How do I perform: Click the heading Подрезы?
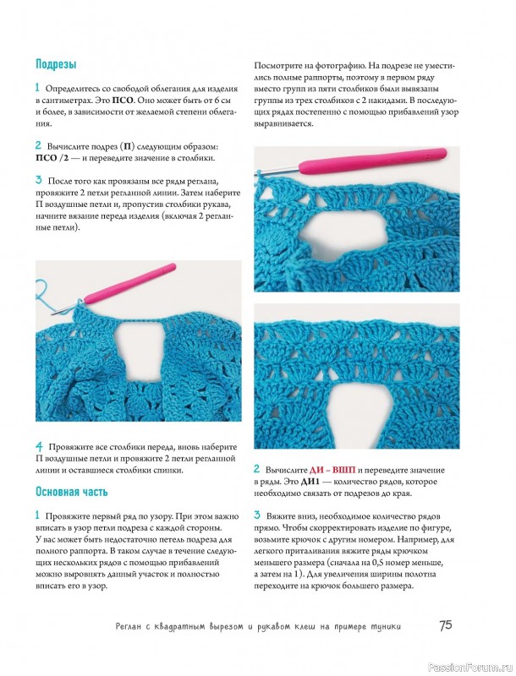(56, 65)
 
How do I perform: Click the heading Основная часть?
(72, 492)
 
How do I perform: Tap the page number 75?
(446, 625)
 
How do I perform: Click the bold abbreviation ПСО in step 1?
(124, 101)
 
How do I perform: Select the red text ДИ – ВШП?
(332, 470)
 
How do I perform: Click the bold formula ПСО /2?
(52, 158)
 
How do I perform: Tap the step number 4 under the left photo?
(39, 447)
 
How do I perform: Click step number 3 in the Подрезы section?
(39, 180)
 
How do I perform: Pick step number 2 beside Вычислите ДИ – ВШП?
(256, 469)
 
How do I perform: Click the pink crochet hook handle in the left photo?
(130, 284)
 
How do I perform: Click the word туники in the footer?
(385, 626)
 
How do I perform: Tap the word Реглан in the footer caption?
(129, 626)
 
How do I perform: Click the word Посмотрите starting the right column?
(277, 66)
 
